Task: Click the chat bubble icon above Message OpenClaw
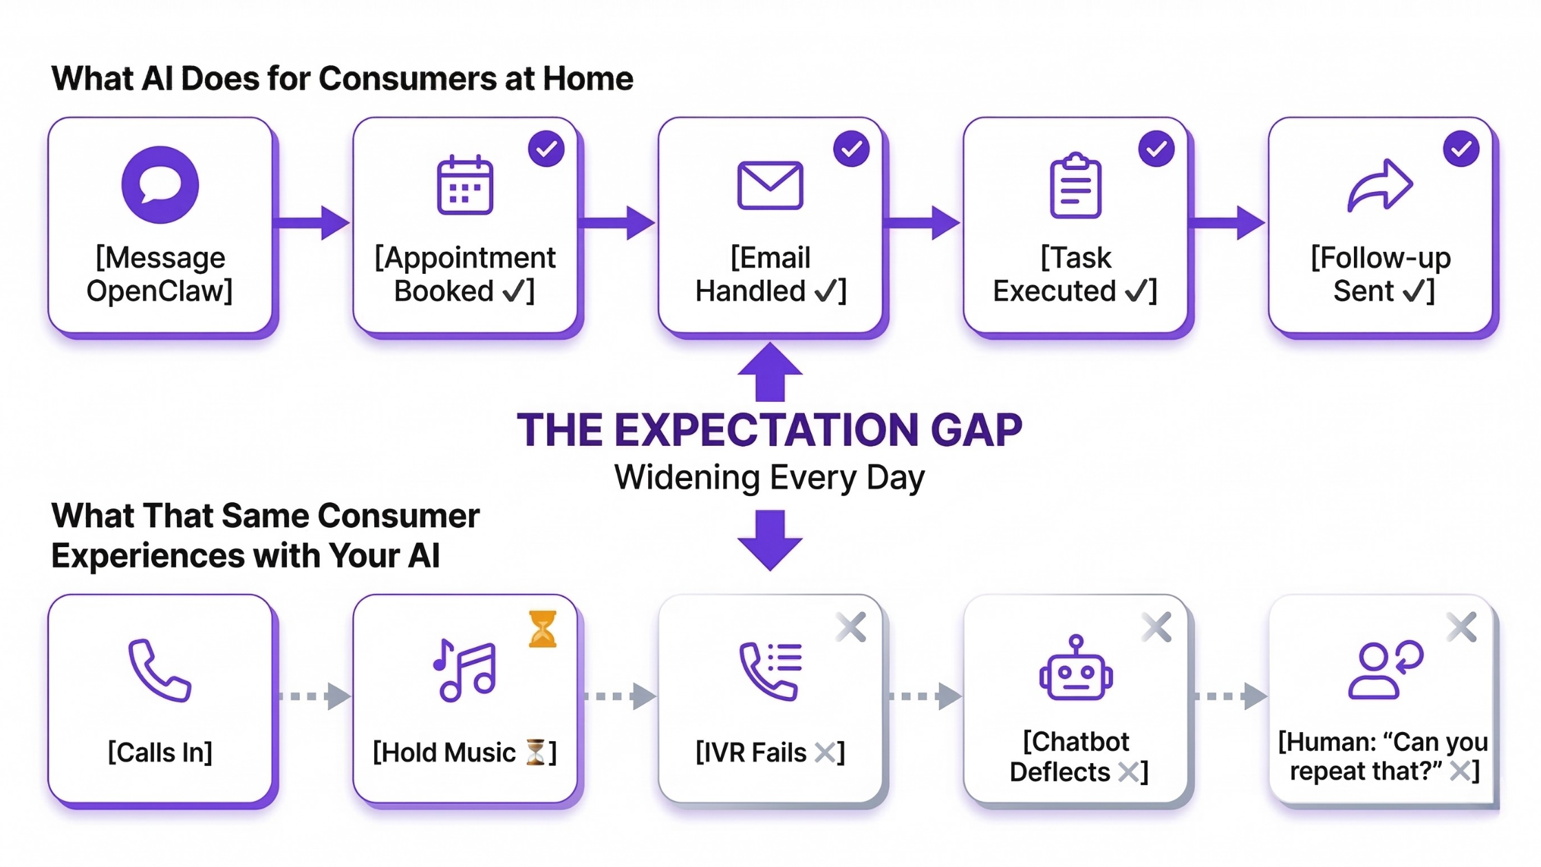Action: tap(160, 184)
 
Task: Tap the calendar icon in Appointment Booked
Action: tap(465, 186)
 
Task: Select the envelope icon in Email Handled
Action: tap(770, 185)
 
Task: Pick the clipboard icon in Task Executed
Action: tap(1075, 186)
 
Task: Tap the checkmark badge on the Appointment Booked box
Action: tap(546, 149)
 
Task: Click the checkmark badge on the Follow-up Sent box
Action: tap(1461, 149)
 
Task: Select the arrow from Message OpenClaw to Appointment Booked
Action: tap(312, 222)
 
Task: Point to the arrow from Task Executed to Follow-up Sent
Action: tap(1227, 222)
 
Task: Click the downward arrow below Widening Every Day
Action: tap(770, 540)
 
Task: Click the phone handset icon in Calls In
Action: tap(160, 670)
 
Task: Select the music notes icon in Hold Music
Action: tap(465, 670)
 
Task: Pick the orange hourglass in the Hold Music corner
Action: tap(542, 629)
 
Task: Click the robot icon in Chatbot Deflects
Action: tap(1076, 669)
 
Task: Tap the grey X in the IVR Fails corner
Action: tap(851, 628)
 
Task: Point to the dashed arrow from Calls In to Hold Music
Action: tap(314, 696)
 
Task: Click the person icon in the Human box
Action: tap(1373, 672)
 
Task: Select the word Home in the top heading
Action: tap(588, 78)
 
